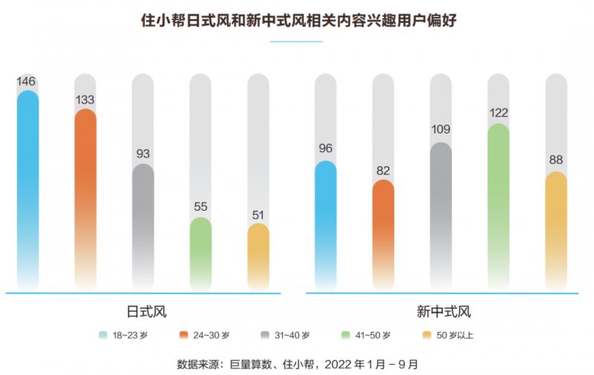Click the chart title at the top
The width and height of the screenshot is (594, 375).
click(297, 20)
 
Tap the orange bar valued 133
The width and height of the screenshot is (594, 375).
click(85, 197)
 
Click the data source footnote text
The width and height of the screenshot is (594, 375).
click(297, 364)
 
